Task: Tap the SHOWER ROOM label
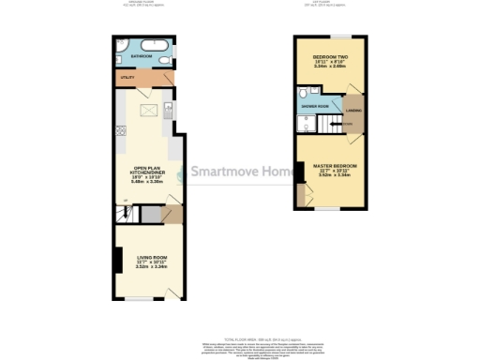[315, 107]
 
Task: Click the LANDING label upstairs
[354, 112]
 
